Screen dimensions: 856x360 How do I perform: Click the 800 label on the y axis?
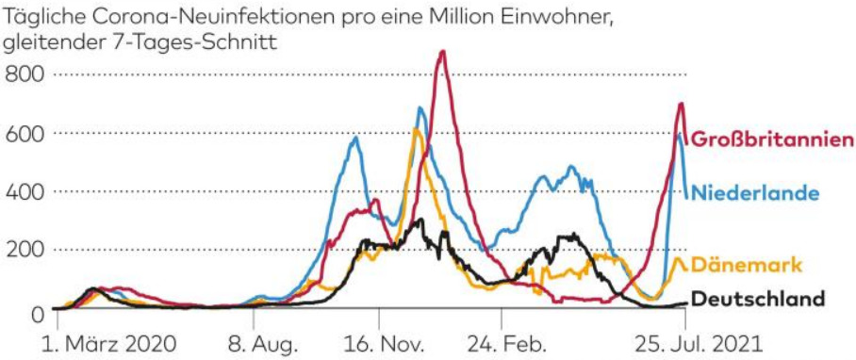click(x=23, y=74)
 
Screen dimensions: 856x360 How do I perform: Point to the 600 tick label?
click(x=23, y=133)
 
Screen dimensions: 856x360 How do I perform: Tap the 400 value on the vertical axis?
click(x=23, y=191)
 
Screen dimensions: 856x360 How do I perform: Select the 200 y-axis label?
click(x=23, y=250)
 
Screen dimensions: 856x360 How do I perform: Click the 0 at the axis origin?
click(x=37, y=313)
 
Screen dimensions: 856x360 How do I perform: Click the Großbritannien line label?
click(x=772, y=139)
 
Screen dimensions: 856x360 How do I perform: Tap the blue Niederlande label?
click(x=756, y=192)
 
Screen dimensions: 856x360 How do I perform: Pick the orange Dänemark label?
click(x=747, y=266)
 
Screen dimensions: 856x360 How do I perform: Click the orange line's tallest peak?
click(x=416, y=129)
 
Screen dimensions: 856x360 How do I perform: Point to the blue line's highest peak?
click(x=420, y=108)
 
